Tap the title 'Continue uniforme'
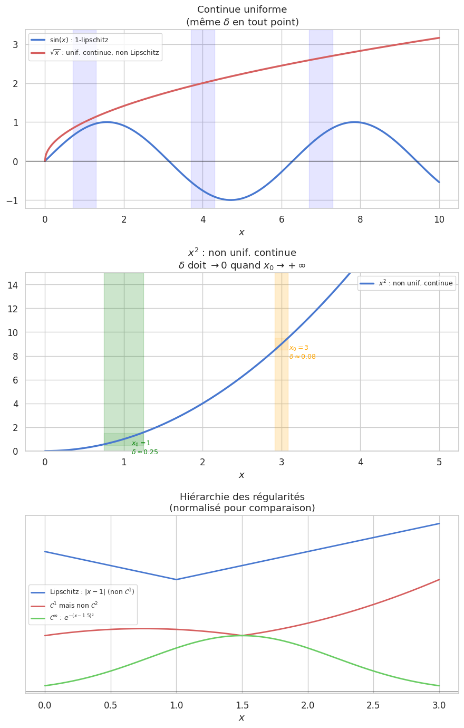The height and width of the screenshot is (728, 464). point(242,9)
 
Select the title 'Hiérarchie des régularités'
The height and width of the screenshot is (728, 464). point(242,497)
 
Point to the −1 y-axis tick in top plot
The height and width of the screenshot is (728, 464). point(12,200)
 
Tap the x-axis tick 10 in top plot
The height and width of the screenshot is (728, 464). point(439,219)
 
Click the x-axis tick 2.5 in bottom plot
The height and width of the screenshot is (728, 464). point(373,705)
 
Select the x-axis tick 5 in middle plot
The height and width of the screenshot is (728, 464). point(439,463)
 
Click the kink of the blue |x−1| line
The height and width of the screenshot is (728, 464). point(176,579)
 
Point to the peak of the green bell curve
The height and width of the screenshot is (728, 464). point(242,635)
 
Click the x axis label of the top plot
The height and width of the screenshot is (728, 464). point(241,233)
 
